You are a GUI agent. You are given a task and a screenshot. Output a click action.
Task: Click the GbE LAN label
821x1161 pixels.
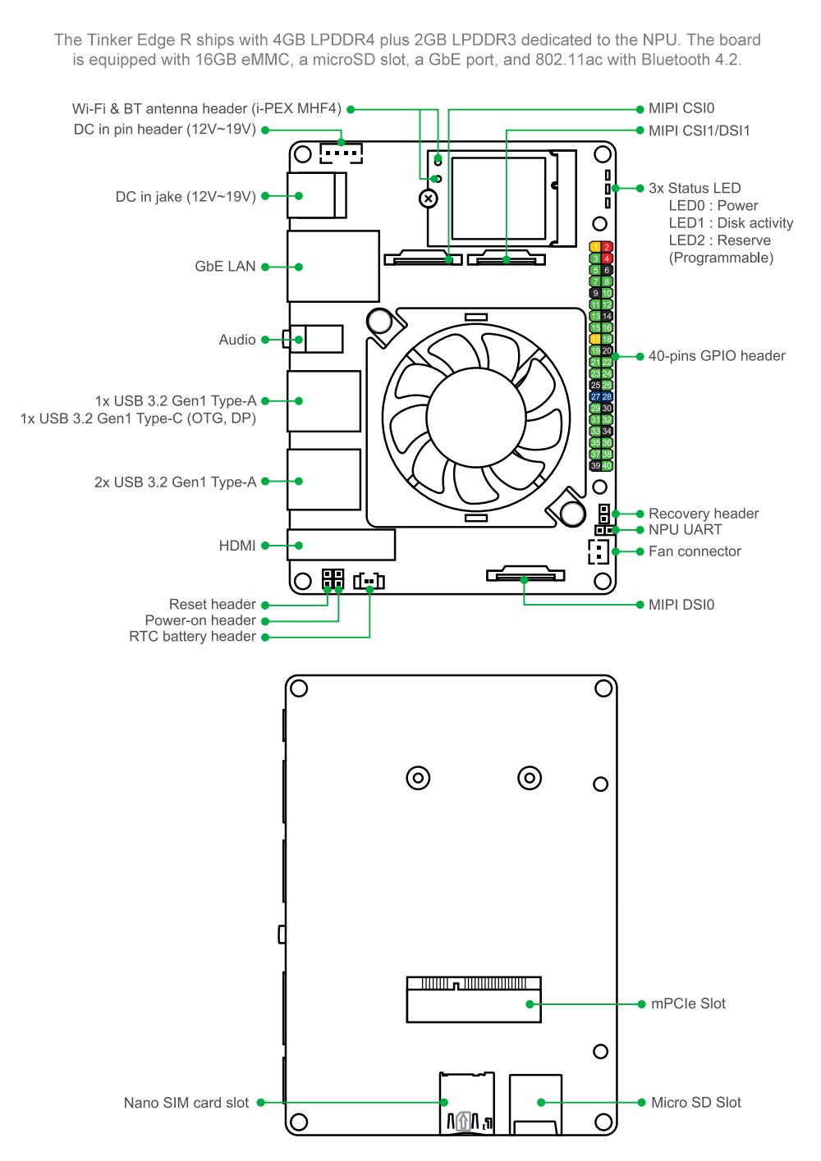[x=225, y=267]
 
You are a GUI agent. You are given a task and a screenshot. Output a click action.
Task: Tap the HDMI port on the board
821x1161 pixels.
[x=341, y=545]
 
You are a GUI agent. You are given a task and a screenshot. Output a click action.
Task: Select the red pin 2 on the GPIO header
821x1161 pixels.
[x=607, y=247]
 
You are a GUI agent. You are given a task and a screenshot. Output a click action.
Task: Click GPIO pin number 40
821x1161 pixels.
[x=607, y=466]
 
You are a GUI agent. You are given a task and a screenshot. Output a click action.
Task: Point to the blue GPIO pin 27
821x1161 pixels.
[x=595, y=397]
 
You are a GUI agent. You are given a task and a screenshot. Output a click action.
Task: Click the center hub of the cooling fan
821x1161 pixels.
[x=475, y=418]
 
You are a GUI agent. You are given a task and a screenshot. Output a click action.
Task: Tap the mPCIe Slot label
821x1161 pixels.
[x=688, y=1003]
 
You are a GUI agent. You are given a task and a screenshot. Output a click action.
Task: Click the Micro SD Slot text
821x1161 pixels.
[x=695, y=1103]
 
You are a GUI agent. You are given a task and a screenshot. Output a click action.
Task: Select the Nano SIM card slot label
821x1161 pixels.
[x=186, y=1103]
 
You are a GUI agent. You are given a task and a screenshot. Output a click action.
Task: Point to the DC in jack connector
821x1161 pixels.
[x=316, y=195]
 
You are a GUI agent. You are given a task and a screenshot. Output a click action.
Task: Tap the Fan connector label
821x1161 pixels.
[x=695, y=551]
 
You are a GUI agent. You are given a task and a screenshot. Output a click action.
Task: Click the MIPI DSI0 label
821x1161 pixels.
[x=681, y=605]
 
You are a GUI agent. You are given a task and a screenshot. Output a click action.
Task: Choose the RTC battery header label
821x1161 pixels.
[x=192, y=636]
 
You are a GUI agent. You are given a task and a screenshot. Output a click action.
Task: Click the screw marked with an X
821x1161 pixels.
[x=429, y=199]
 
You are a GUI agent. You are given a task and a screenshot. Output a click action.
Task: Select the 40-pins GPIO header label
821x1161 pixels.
[x=716, y=355]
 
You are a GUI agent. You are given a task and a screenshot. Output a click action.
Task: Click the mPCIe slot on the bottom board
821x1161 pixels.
[x=474, y=1000]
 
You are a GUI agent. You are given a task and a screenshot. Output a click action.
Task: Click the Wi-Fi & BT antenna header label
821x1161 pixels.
[x=206, y=109]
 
